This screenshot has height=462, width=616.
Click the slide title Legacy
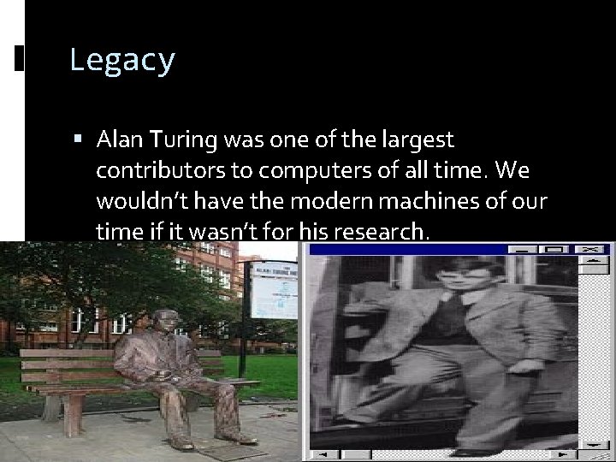point(122,61)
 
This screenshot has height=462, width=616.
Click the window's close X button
point(589,250)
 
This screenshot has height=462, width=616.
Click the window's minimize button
point(522,250)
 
